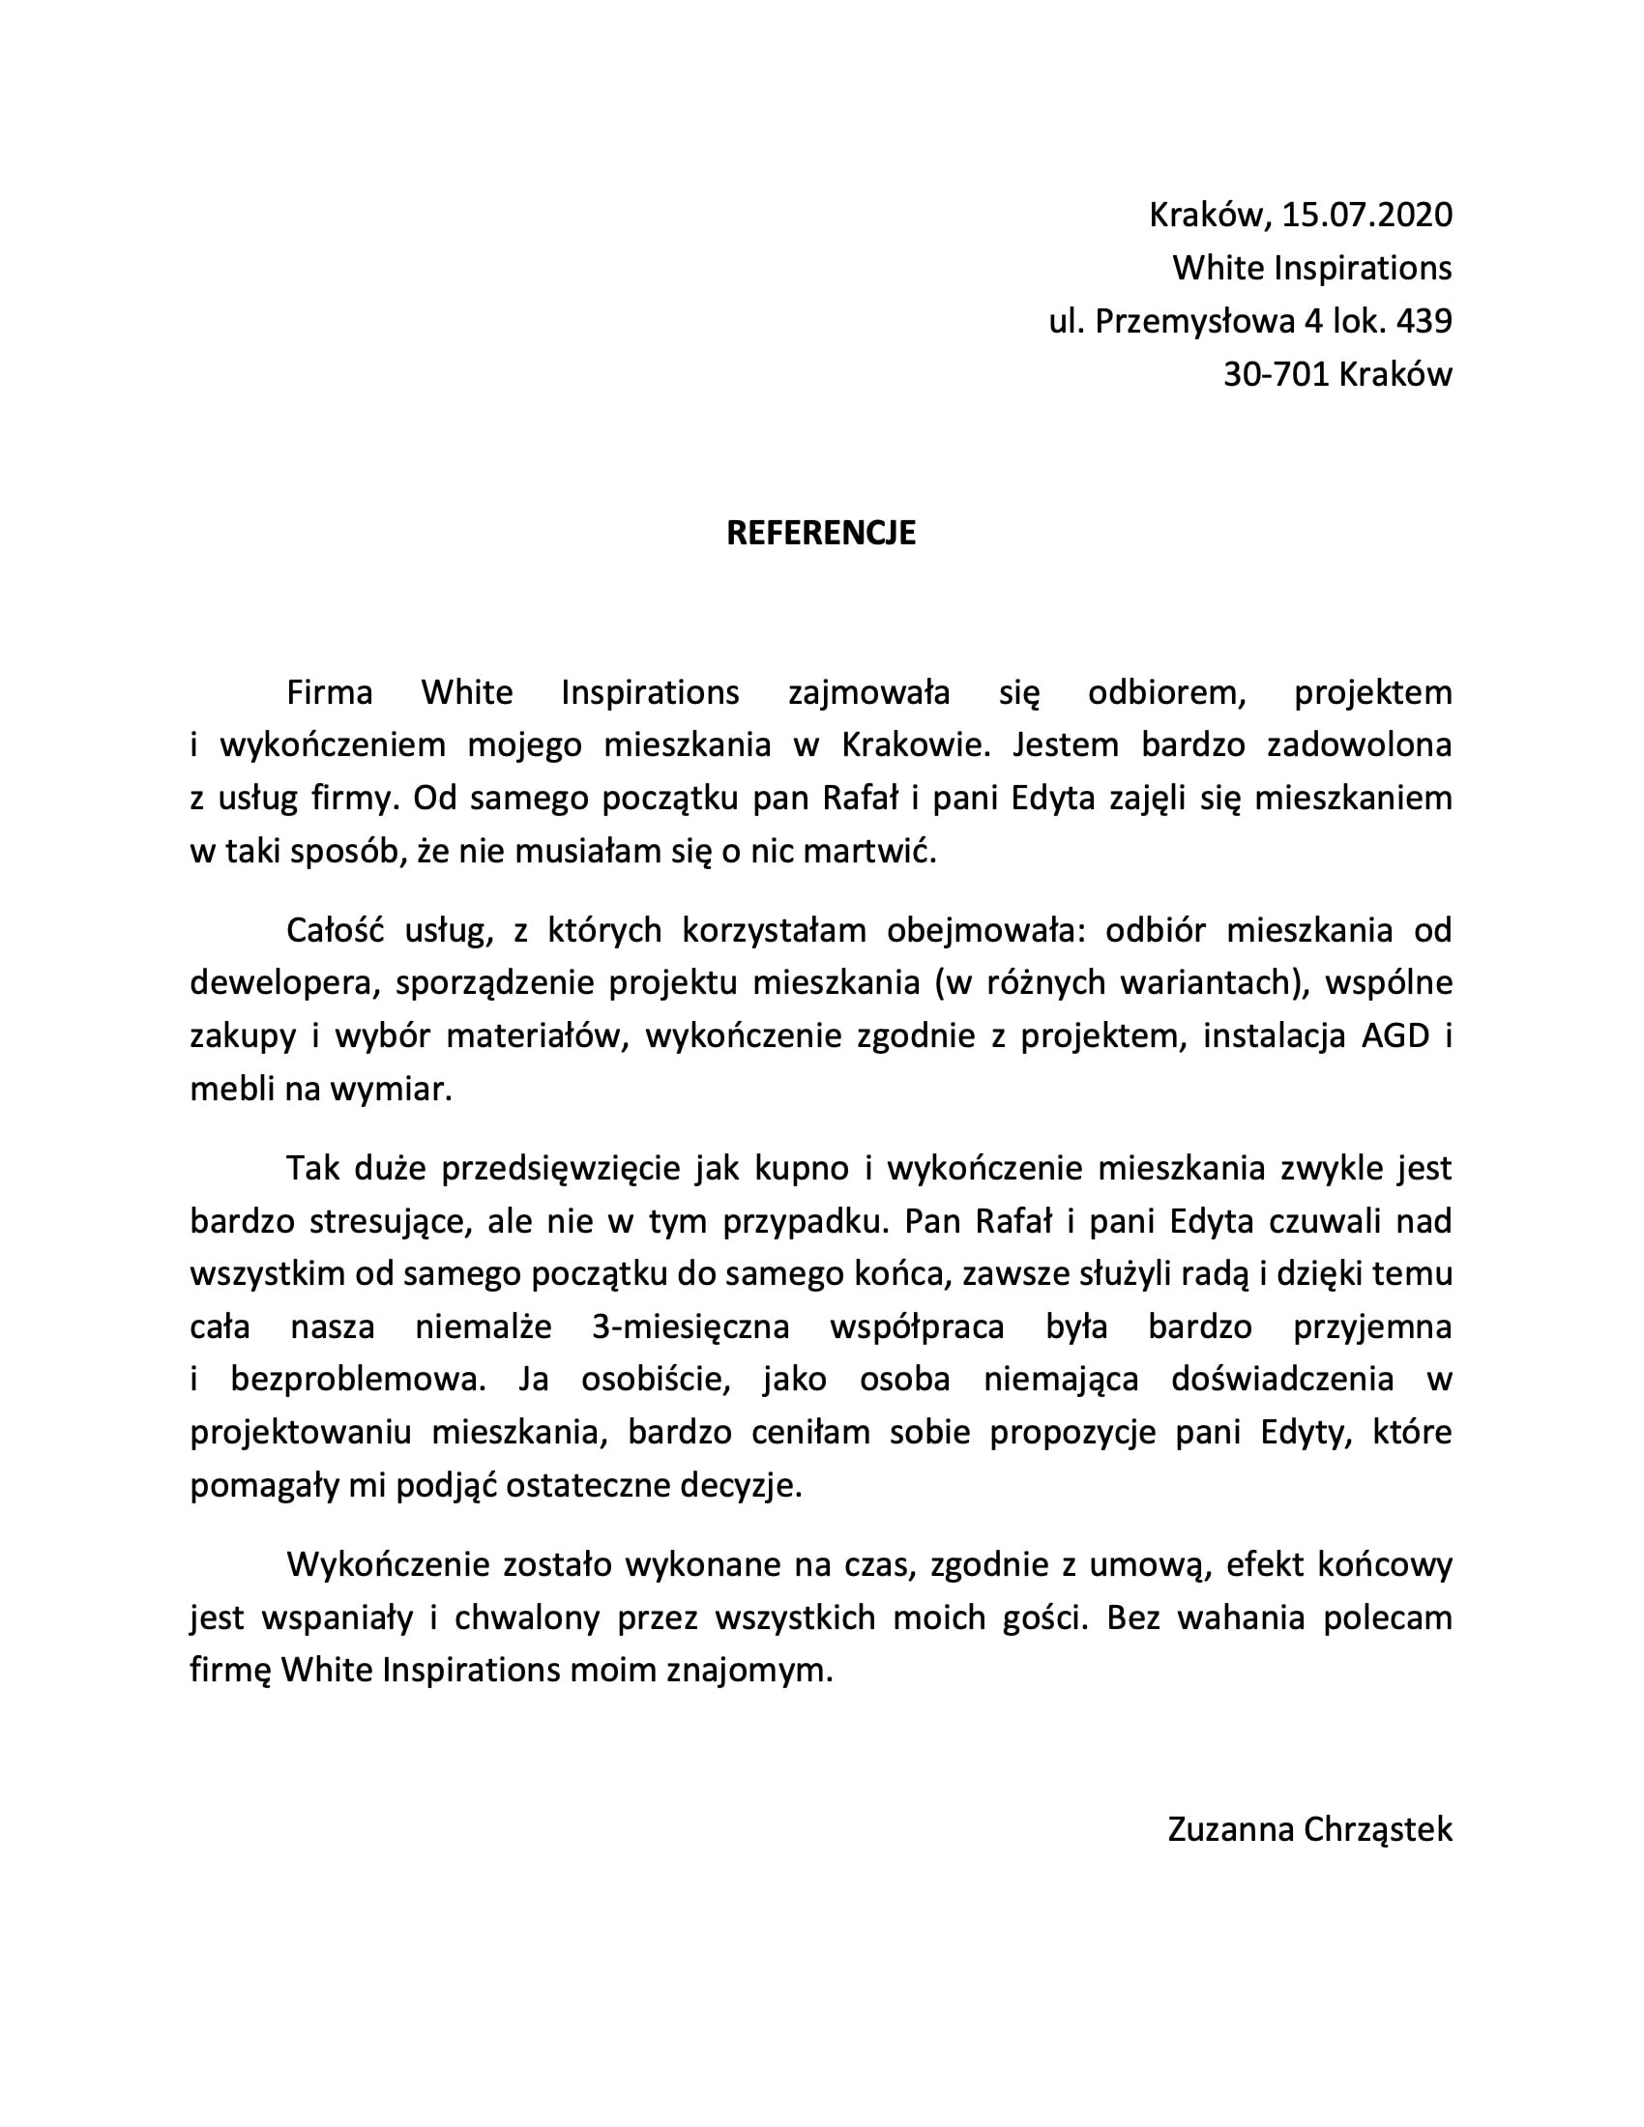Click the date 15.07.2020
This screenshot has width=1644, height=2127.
[1366, 215]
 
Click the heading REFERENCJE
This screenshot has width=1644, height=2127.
[821, 534]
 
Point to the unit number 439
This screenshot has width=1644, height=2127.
[1424, 321]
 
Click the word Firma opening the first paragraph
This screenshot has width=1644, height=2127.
[329, 692]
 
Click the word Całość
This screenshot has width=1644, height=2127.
[331, 930]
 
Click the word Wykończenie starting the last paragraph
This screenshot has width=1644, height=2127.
[387, 1565]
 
